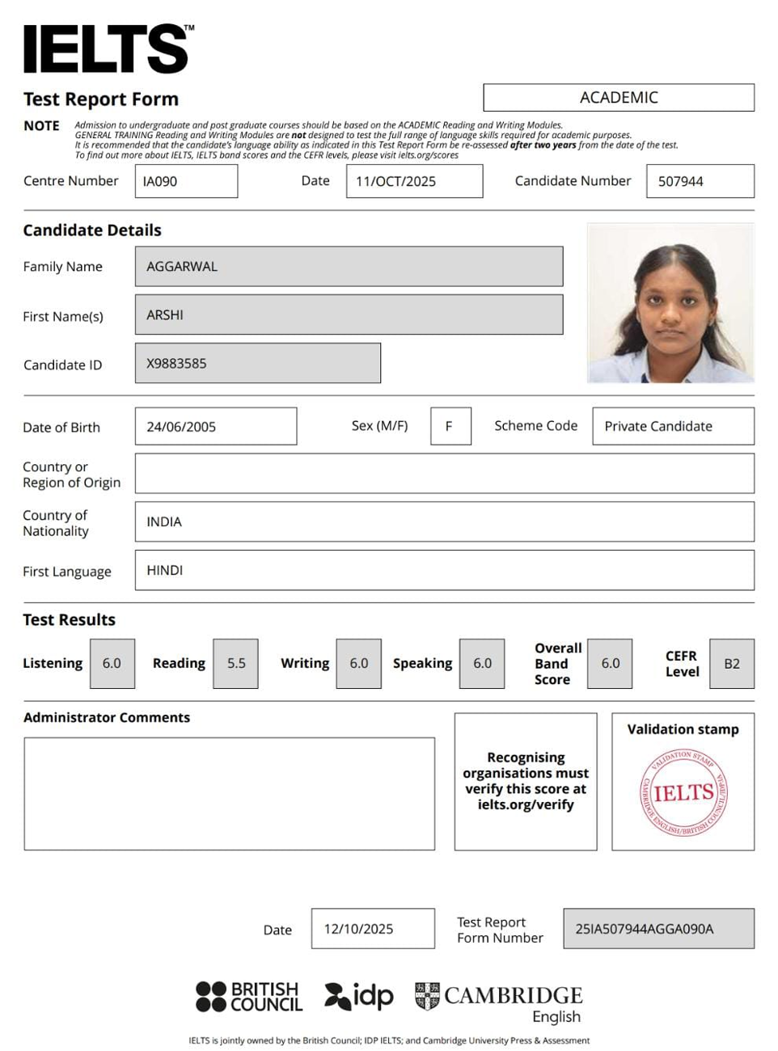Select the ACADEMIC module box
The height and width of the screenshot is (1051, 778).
tap(619, 98)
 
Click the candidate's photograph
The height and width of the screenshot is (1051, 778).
tap(670, 302)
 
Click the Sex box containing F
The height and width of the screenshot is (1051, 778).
tap(450, 426)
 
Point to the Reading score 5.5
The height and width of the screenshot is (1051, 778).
tap(236, 663)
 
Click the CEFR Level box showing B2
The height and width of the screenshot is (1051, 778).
tap(732, 663)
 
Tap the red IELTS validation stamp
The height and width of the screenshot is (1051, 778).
tap(683, 792)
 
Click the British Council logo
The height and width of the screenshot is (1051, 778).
tap(249, 996)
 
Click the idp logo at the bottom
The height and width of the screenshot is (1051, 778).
tap(359, 996)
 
